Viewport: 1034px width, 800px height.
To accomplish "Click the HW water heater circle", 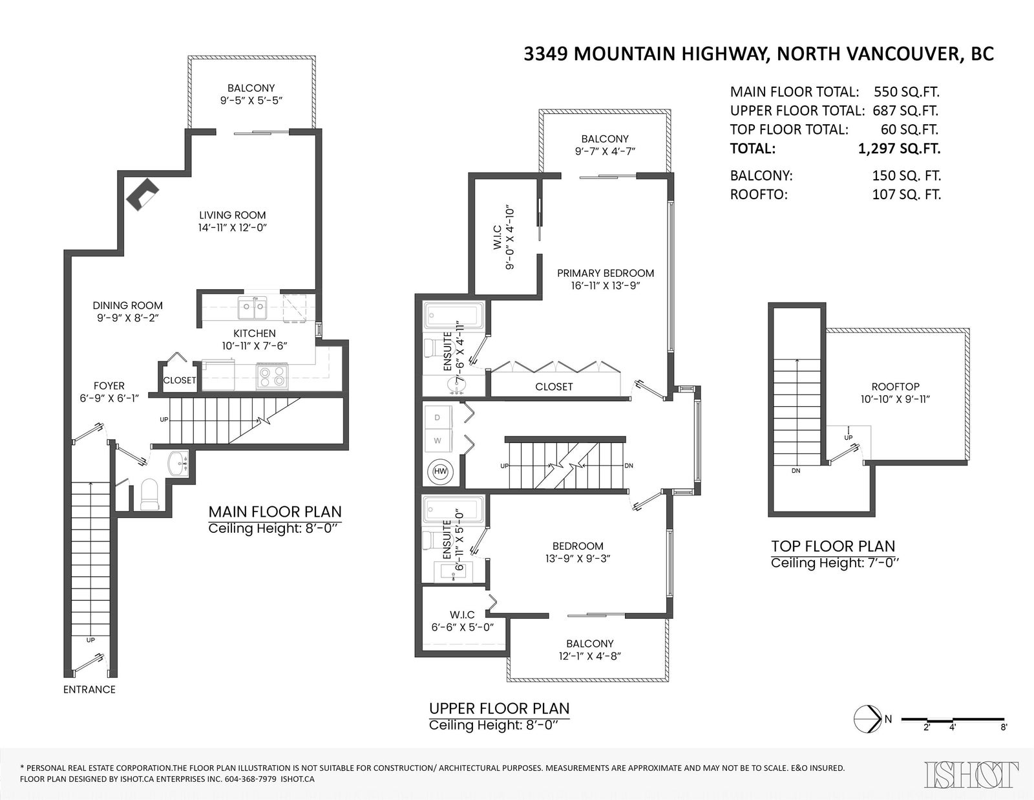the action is pyautogui.click(x=441, y=471).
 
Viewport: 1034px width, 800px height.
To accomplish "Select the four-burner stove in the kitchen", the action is pyautogui.click(x=272, y=376).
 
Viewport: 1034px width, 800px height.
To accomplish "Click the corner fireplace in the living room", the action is pyautogui.click(x=143, y=194).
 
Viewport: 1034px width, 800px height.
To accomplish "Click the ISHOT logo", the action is pyautogui.click(x=971, y=775).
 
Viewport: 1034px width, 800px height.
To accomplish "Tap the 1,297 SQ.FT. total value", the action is pyautogui.click(x=900, y=149).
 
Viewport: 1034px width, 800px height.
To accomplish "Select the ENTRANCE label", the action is pyautogui.click(x=89, y=689).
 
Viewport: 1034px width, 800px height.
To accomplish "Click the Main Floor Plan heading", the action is pyautogui.click(x=275, y=512).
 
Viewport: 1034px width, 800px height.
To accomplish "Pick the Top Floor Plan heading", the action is pyautogui.click(x=833, y=546).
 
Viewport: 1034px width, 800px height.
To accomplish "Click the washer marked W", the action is pyautogui.click(x=438, y=441).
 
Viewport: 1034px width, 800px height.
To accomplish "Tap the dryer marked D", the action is pyautogui.click(x=438, y=418).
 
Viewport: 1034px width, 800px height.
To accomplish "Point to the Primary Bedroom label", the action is pyautogui.click(x=606, y=274).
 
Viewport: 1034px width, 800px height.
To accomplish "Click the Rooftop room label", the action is pyautogui.click(x=895, y=387).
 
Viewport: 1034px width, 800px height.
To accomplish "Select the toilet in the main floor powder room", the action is pyautogui.click(x=149, y=495).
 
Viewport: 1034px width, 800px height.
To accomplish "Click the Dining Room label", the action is pyautogui.click(x=127, y=306).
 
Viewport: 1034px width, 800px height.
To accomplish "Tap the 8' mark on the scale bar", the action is pyautogui.click(x=1004, y=728).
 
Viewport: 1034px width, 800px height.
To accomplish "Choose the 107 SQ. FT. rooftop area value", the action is pyautogui.click(x=907, y=194).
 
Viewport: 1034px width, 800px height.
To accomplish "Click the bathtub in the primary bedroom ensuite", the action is pyautogui.click(x=454, y=315).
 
